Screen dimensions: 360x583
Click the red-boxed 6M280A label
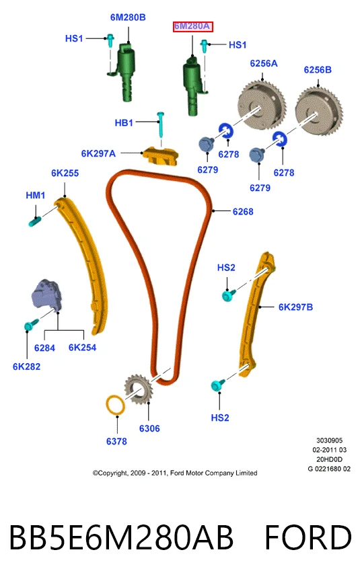click(192, 27)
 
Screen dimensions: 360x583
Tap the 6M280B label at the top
click(128, 17)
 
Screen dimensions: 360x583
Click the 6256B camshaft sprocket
click(319, 111)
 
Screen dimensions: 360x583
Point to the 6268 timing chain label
click(243, 212)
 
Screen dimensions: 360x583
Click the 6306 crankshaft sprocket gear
click(138, 390)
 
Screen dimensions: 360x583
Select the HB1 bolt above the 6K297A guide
click(161, 124)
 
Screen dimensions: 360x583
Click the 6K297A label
click(98, 153)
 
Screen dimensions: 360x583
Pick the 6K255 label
click(65, 173)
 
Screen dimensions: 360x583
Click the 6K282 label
click(27, 366)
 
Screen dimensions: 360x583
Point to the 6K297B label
click(295, 307)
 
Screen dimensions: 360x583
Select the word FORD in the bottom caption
click(308, 537)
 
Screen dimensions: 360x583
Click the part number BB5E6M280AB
click(121, 537)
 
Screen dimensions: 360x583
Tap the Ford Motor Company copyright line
click(175, 473)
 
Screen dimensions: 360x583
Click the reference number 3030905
click(330, 440)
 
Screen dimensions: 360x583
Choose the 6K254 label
click(83, 348)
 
